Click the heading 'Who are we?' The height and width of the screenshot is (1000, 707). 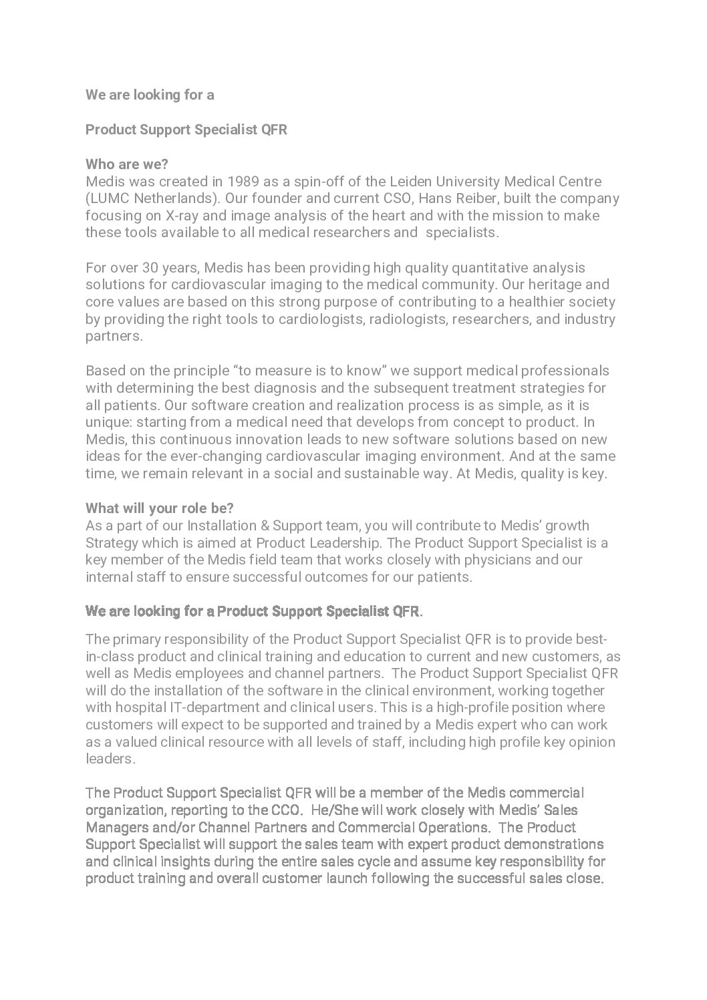click(127, 164)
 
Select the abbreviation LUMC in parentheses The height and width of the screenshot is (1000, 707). click(109, 199)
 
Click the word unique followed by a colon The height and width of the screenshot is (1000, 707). click(103, 422)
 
